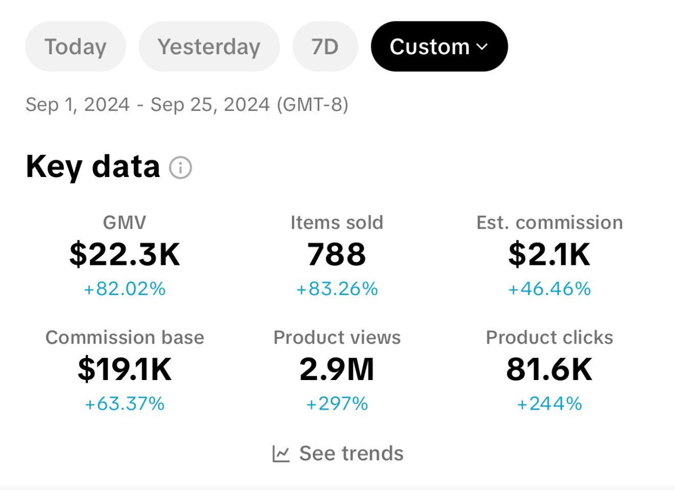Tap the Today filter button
coord(75,47)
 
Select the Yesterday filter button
coord(209,47)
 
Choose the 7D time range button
coord(325,47)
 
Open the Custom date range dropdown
coord(439,47)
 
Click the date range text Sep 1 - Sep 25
coord(187,105)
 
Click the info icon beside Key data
coord(181,168)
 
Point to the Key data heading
coord(93,167)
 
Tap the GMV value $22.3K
coord(125,254)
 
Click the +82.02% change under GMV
coord(125,289)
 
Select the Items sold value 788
coord(336,254)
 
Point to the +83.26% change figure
coord(337,289)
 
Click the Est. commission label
coord(549,222)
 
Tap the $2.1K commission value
coord(549,254)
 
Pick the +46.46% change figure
coord(549,289)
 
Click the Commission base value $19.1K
coord(125,369)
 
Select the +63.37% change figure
coord(125,404)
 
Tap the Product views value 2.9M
coord(337,369)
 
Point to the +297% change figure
coord(337,404)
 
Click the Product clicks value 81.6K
coord(549,369)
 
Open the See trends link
coord(338,453)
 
